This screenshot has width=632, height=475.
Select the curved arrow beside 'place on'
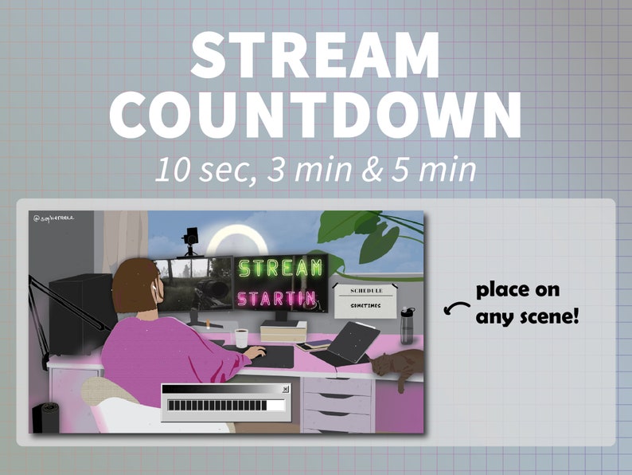[x=456, y=308]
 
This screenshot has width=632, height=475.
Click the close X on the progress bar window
[x=284, y=389]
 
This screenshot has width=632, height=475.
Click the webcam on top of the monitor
[x=190, y=237]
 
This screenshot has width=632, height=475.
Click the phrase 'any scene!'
[x=528, y=317]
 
